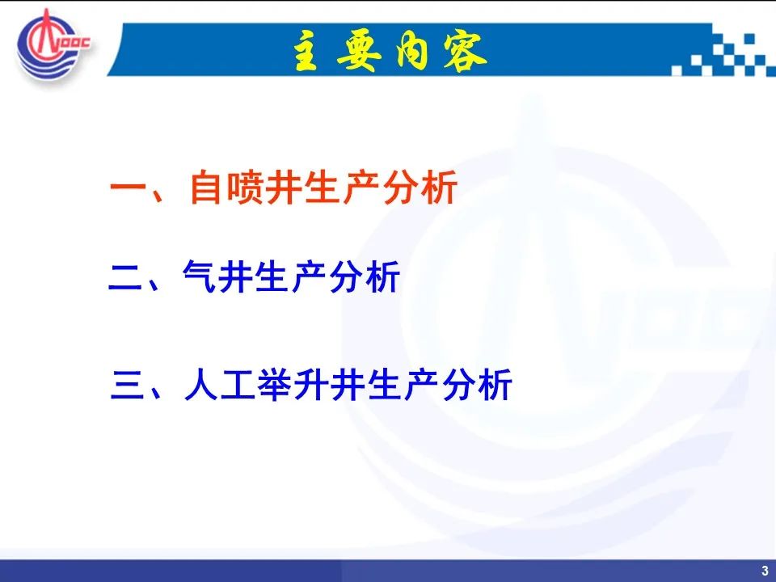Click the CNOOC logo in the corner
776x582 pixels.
pyautogui.click(x=53, y=44)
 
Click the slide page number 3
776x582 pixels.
pyautogui.click(x=765, y=570)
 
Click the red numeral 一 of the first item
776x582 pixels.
pyautogui.click(x=128, y=188)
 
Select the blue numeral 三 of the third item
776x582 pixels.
pyautogui.click(x=129, y=385)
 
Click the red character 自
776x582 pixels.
pyautogui.click(x=205, y=187)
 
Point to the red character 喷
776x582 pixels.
pyautogui.click(x=244, y=187)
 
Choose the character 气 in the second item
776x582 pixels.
pyautogui.click(x=199, y=276)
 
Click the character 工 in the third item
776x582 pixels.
pyautogui.click(x=238, y=384)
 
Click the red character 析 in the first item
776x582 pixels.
pyautogui.click(x=440, y=187)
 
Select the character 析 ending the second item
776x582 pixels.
pyautogui.click(x=382, y=276)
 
